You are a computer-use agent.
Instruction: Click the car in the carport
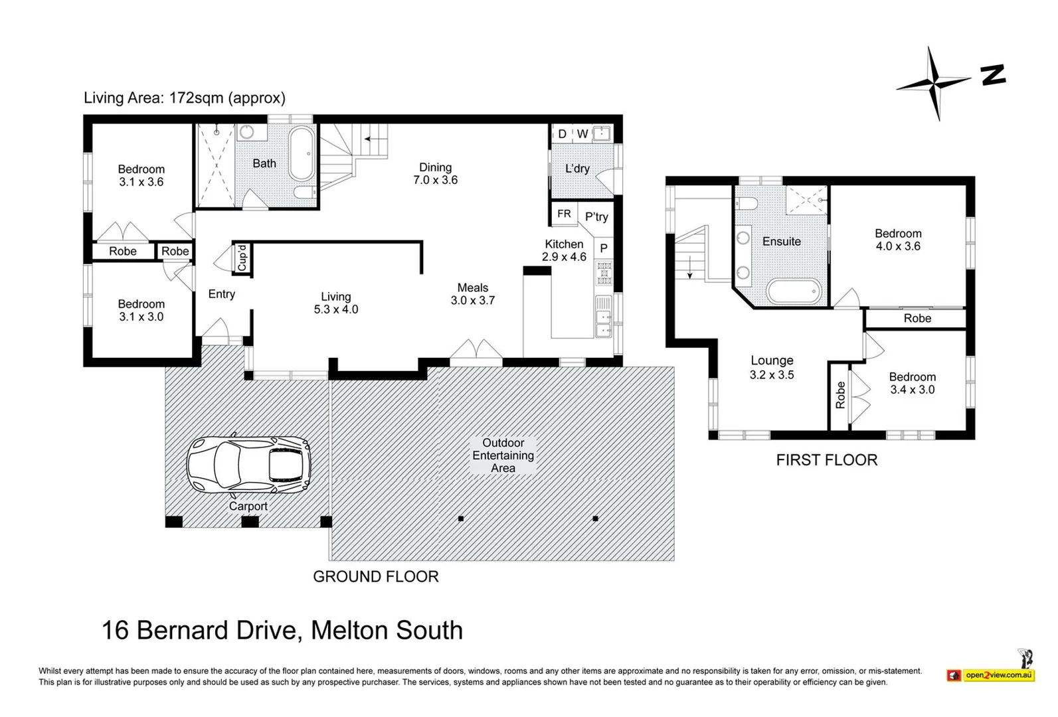248,465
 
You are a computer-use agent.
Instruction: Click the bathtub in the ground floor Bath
302,153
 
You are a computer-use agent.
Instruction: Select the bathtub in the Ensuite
795,291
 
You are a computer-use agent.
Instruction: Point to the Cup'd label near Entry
242,258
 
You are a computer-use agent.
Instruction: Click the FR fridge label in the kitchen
564,214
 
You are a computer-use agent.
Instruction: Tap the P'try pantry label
596,216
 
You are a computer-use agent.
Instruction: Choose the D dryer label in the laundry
562,134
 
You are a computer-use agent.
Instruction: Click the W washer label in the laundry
582,134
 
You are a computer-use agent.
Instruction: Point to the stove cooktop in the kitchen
604,273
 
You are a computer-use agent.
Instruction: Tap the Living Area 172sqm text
185,98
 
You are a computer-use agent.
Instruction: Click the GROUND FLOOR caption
376,577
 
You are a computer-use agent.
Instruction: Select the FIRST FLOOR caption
827,460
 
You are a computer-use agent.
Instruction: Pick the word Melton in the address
350,630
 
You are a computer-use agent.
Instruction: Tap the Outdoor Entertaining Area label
503,455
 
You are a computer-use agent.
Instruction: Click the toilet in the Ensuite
747,203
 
